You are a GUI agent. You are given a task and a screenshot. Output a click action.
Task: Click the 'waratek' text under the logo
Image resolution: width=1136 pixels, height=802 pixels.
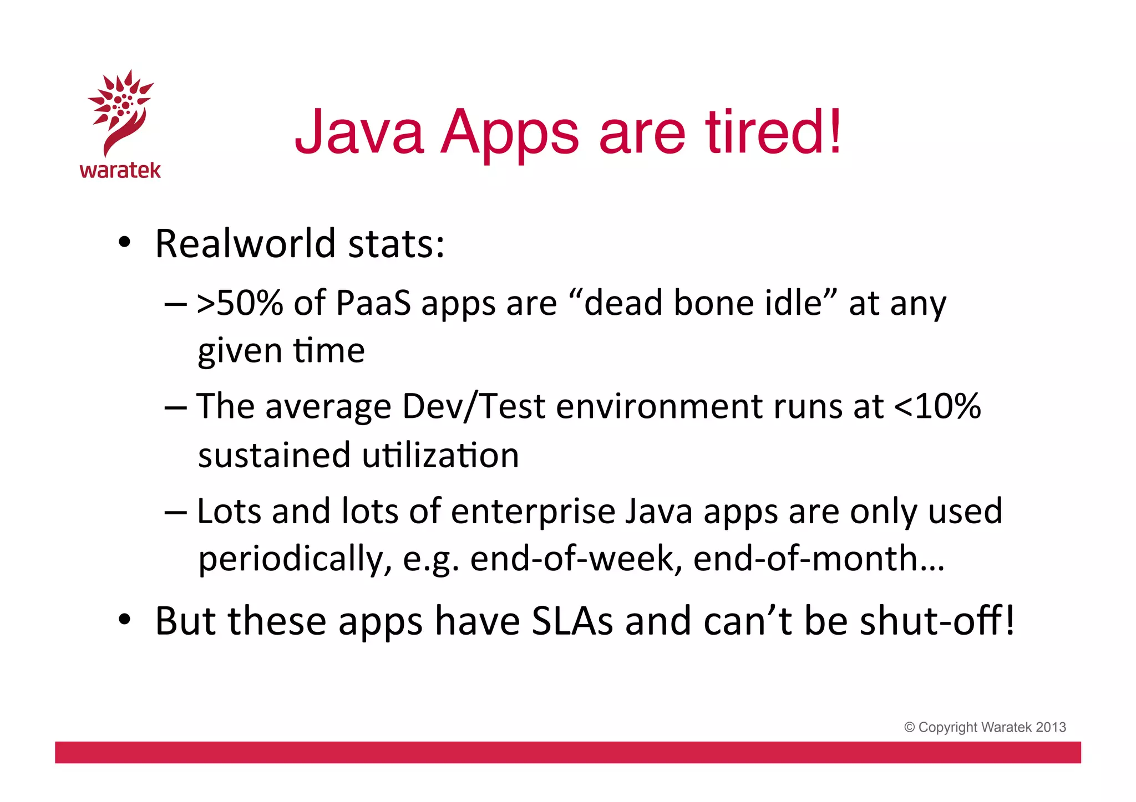[x=120, y=170]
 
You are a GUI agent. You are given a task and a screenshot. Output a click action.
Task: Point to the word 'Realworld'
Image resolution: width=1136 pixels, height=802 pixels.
[x=245, y=243]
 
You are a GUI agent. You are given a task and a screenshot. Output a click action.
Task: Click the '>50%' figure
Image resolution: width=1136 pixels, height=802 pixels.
[x=240, y=304]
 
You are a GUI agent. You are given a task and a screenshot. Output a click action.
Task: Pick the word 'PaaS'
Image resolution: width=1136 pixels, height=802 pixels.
[x=373, y=304]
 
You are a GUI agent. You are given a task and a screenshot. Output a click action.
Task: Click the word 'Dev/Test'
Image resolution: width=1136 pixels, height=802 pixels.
[x=474, y=406]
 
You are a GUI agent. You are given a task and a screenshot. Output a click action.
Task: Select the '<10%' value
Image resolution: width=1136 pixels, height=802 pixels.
[x=937, y=406]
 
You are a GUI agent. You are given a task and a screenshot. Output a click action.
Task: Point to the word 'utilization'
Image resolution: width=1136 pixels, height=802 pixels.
[x=440, y=455]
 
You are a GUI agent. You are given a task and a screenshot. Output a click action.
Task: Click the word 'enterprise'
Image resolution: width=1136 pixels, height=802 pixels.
[x=533, y=510]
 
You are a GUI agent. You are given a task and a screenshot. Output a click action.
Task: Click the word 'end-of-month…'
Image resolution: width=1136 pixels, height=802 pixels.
[x=819, y=559]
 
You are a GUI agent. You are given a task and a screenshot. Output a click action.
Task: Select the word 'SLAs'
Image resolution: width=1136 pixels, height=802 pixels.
[x=572, y=621]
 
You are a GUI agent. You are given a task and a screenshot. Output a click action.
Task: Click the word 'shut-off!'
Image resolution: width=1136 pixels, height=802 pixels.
[x=937, y=621]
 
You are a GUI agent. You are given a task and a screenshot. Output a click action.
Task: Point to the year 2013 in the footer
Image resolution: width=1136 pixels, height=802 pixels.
[x=1051, y=727]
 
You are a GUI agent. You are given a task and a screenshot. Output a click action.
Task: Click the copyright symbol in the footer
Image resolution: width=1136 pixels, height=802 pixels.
[x=909, y=727]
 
